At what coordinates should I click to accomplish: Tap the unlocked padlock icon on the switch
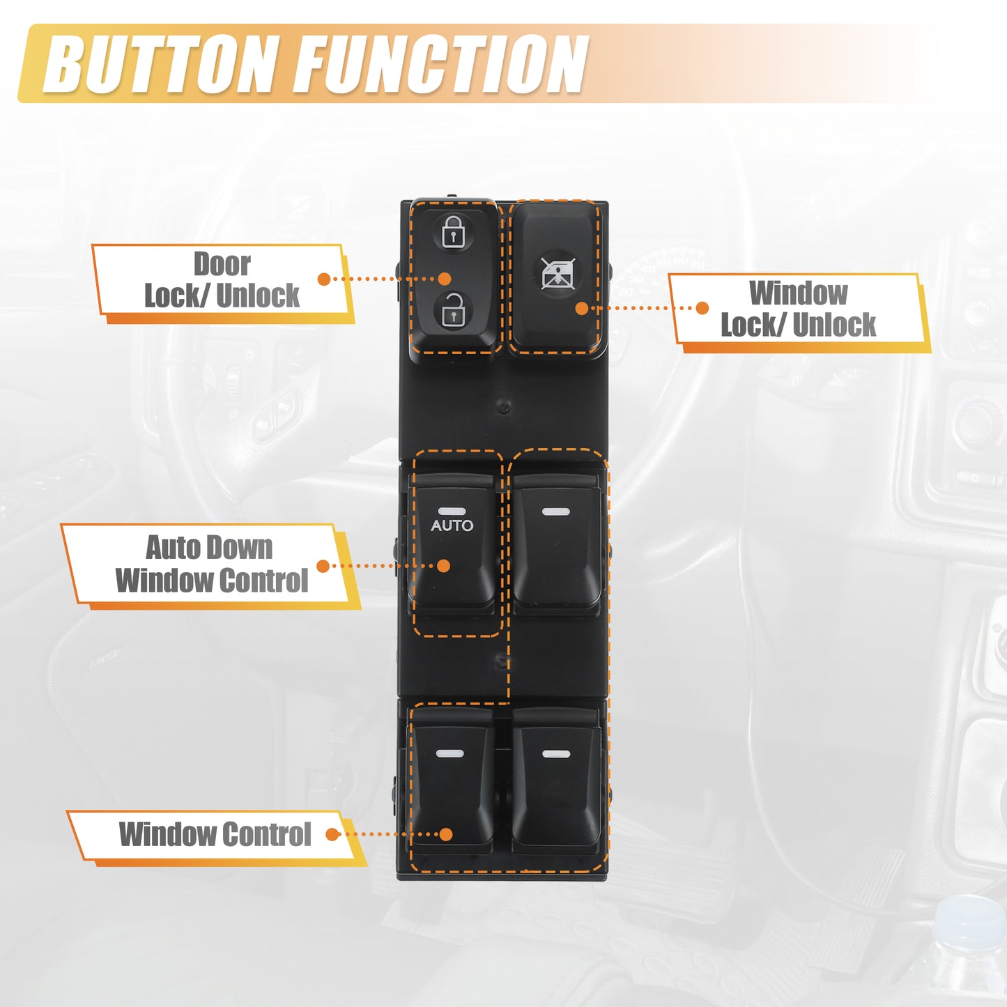point(452,309)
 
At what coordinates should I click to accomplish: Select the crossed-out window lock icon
point(558,273)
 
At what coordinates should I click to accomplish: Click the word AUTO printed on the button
point(452,525)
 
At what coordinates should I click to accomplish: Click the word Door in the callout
point(222,264)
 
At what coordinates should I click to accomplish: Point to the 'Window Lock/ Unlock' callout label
point(799,309)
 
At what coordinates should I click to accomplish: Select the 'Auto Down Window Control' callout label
point(211,565)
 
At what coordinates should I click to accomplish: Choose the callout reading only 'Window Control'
point(215,834)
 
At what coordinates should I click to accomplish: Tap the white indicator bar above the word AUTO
point(452,511)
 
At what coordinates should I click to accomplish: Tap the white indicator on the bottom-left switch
point(449,753)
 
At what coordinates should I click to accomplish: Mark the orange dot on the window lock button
point(582,308)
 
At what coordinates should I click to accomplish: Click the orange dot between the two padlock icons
point(445,279)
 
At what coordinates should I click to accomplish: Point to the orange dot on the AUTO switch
point(444,566)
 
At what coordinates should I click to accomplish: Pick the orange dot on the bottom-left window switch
point(446,834)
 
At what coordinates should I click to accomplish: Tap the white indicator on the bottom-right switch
point(557,753)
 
